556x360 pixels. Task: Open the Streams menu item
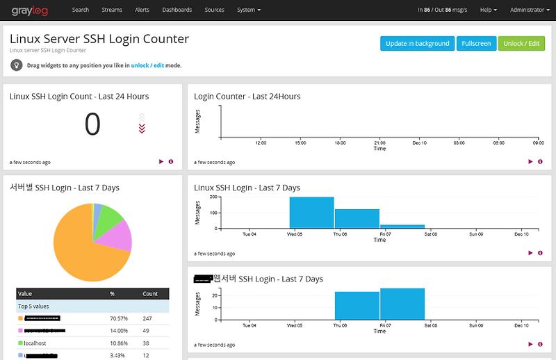[x=111, y=10]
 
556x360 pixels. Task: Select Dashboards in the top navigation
[x=177, y=10]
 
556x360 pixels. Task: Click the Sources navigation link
[x=215, y=10]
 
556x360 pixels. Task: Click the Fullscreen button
[x=476, y=43]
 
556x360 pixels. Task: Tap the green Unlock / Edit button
[x=521, y=43]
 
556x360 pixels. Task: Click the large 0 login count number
[x=92, y=125]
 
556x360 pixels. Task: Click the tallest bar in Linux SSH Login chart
[x=311, y=212]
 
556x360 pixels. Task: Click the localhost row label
[x=35, y=343]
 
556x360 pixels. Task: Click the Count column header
[x=150, y=294]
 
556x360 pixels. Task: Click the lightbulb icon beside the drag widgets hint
[x=16, y=65]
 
